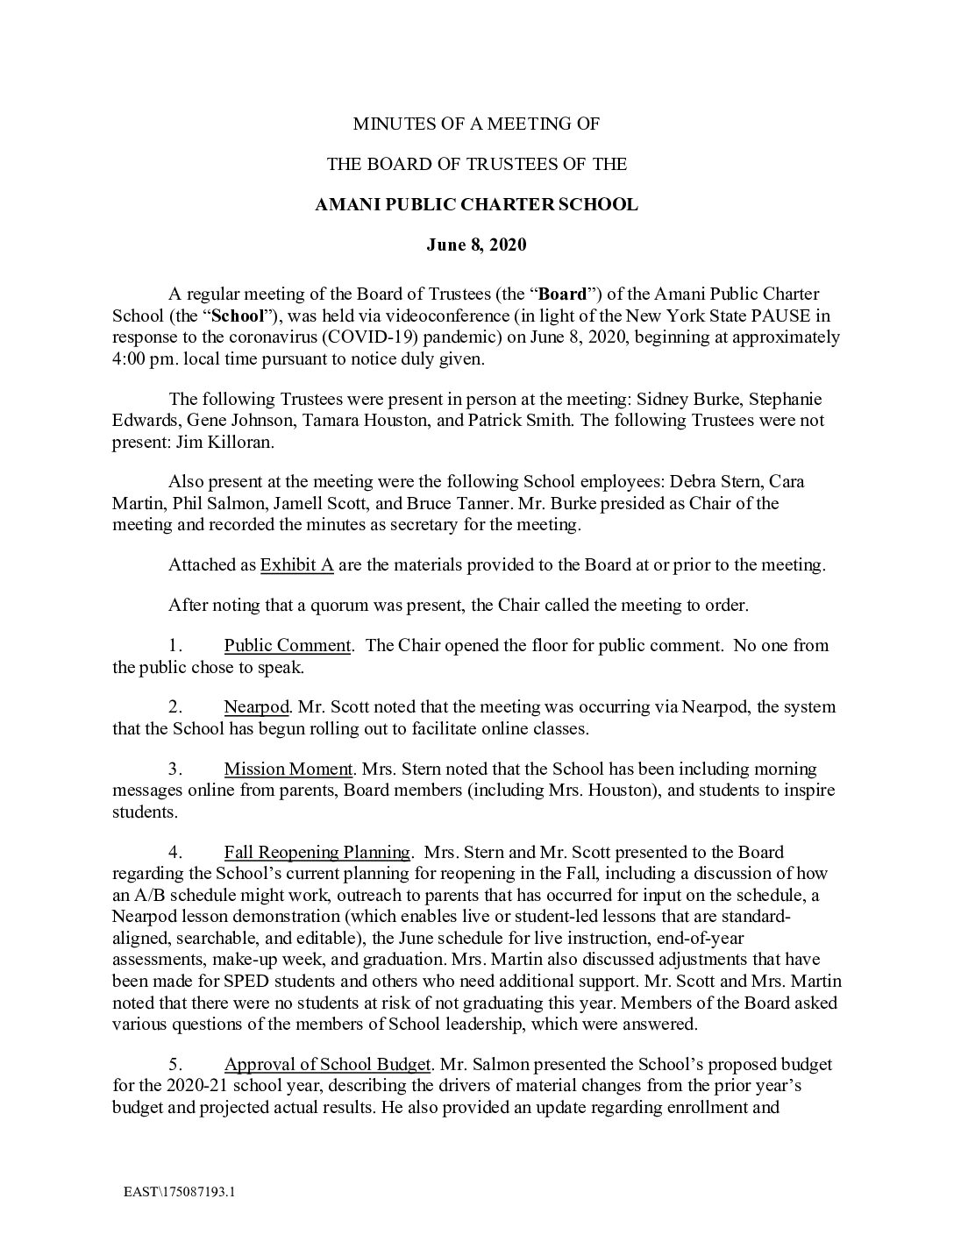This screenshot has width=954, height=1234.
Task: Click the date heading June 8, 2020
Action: [476, 245]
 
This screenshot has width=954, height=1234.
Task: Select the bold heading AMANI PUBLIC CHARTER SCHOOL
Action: [476, 205]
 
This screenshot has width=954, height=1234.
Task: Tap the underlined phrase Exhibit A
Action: [296, 565]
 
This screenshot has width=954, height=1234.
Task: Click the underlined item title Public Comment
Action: [288, 646]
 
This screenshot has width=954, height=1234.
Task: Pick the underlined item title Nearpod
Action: [255, 707]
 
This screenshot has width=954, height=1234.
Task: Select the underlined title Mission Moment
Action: [288, 769]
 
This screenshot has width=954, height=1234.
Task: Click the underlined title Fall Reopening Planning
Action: [317, 853]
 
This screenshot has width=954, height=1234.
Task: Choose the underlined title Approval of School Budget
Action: [327, 1065]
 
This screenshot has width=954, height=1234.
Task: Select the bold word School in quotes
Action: [238, 316]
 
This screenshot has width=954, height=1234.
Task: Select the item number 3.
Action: [175, 769]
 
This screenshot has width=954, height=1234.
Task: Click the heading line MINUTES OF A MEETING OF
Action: [476, 124]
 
